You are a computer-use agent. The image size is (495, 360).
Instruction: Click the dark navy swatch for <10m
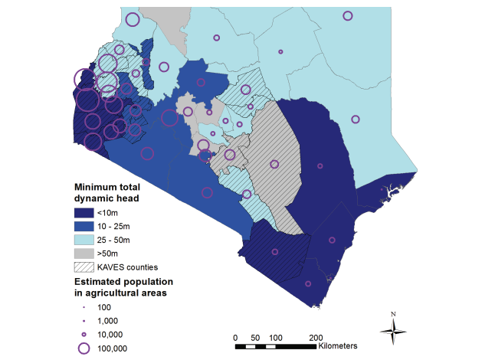tap(83, 212)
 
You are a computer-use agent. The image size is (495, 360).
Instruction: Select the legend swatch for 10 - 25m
tap(83, 226)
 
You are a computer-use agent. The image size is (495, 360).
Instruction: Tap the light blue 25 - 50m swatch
tap(83, 240)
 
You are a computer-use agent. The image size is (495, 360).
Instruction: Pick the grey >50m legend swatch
tap(83, 254)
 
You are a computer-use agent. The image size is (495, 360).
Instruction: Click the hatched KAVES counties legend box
tap(83, 267)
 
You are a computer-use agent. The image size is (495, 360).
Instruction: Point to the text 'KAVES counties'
tap(127, 267)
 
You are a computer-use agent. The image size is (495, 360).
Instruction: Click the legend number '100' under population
tap(106, 307)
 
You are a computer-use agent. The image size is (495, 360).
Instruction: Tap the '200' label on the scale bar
tap(315, 337)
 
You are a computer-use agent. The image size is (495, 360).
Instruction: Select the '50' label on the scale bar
tap(255, 337)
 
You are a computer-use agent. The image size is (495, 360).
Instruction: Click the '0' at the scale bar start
tap(235, 337)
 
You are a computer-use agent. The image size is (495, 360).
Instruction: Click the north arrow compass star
tap(393, 330)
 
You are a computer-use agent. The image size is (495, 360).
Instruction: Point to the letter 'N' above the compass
tap(393, 314)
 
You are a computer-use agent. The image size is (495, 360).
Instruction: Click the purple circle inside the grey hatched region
tap(274, 163)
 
